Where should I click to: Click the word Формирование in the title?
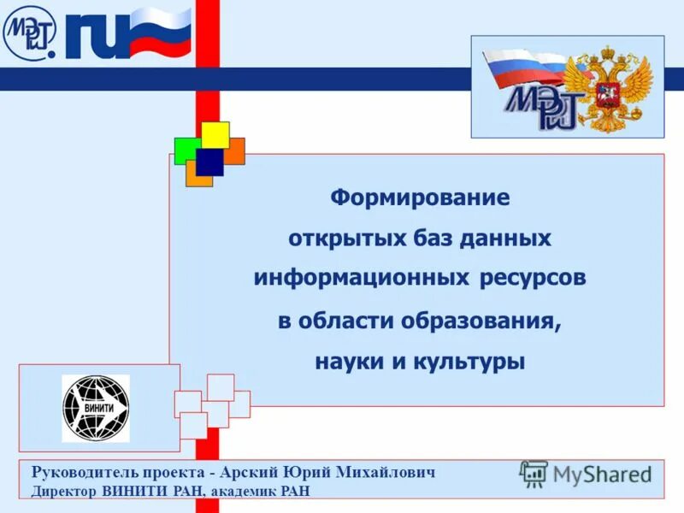(x=420, y=198)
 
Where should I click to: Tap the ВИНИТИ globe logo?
(x=96, y=408)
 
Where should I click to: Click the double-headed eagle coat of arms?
(x=610, y=88)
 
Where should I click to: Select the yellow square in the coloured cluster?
(x=215, y=134)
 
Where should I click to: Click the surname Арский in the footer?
(x=250, y=472)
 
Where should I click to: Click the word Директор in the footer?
(x=65, y=491)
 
